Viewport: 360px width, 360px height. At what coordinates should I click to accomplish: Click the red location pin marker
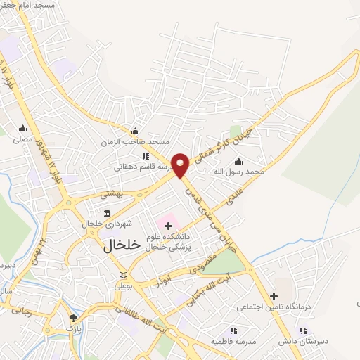pos(181,165)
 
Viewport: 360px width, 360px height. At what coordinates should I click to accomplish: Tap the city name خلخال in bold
pos(122,246)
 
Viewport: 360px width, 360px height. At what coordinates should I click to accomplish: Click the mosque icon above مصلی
pos(23,128)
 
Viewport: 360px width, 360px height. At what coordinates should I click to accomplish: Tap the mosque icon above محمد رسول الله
pos(238,161)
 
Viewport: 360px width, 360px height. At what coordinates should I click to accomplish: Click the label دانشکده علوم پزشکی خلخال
pos(175,243)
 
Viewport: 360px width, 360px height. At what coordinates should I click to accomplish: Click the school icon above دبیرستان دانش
pos(303,330)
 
